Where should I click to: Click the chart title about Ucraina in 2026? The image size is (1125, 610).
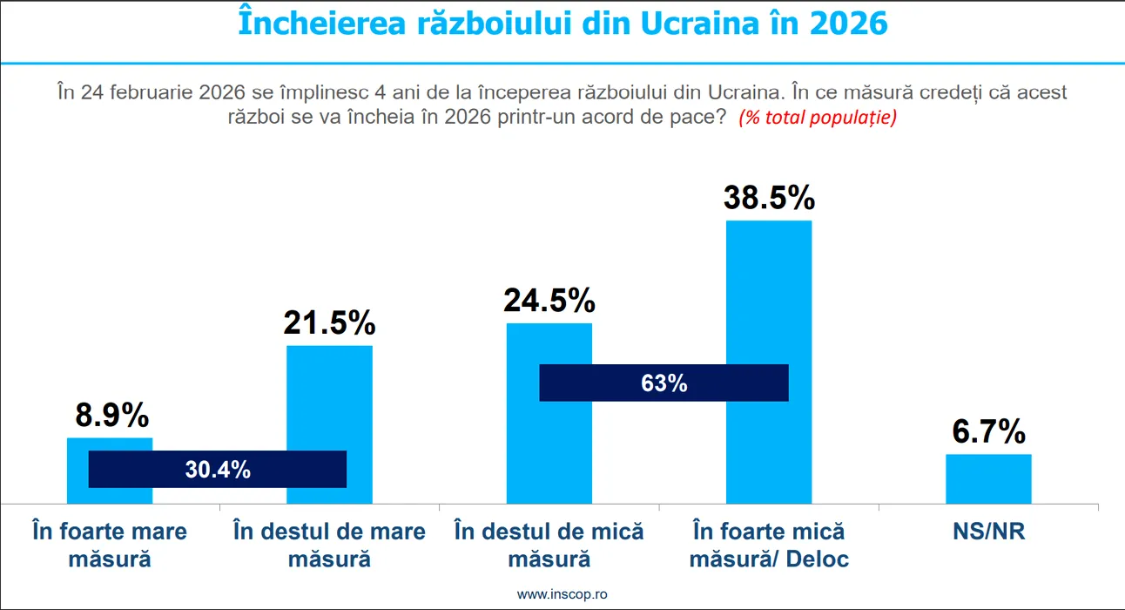562,24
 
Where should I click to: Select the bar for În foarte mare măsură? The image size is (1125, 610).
110,444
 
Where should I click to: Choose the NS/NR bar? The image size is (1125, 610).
988,479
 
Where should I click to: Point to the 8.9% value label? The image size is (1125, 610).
111,416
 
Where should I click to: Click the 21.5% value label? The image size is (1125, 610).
329,323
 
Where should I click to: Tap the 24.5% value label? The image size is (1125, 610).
549,302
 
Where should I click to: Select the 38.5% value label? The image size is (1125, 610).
769,198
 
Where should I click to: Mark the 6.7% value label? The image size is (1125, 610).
988,432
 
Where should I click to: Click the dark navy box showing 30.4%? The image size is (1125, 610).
218,470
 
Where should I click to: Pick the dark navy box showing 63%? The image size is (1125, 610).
664,383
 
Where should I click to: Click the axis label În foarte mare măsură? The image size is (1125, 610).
110,544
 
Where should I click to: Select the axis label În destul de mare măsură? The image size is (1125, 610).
329,544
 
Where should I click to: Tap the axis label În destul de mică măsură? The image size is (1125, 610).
549,544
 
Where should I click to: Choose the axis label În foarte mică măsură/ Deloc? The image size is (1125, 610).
769,544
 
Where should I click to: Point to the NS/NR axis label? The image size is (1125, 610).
988,532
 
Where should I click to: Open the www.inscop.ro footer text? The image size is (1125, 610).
562,593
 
